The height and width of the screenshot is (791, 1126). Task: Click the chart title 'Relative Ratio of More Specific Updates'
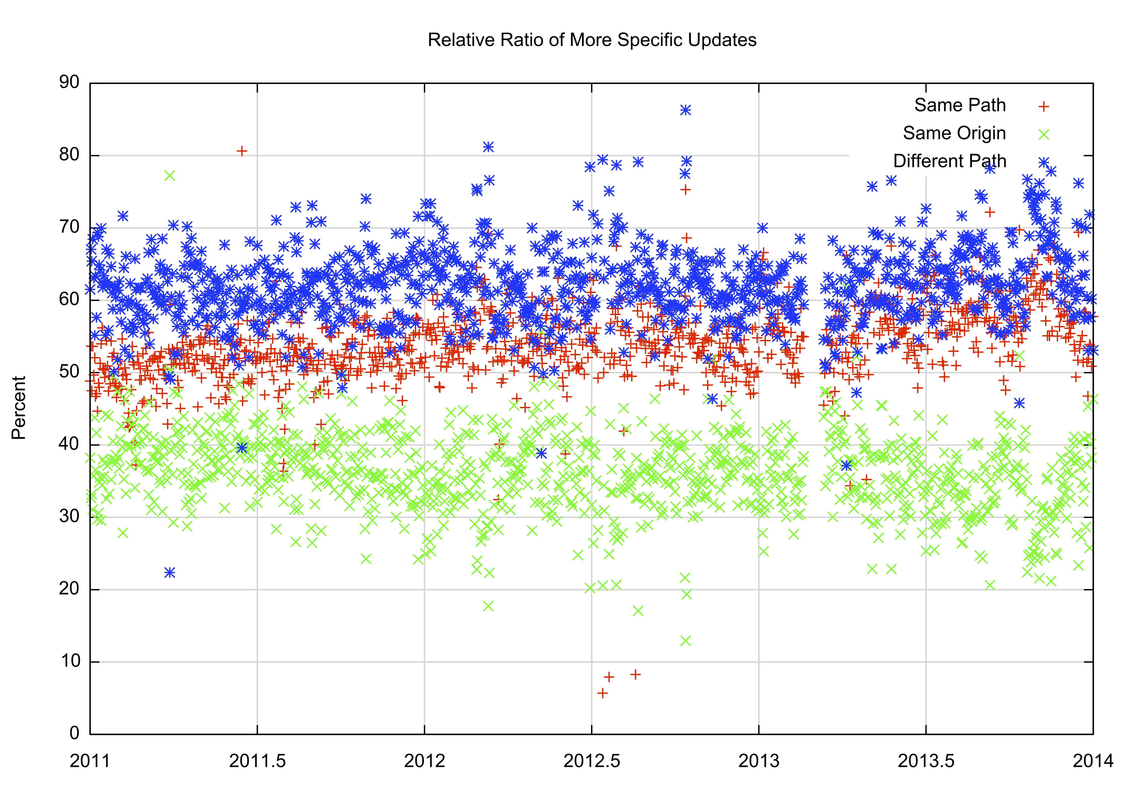coord(592,40)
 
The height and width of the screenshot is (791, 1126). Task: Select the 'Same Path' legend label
coord(960,105)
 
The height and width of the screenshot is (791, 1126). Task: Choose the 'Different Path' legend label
coord(949,161)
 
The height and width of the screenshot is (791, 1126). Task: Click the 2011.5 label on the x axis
coord(257,761)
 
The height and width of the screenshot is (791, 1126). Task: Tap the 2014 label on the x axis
coord(1093,761)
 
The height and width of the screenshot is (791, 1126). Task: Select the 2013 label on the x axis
coord(759,761)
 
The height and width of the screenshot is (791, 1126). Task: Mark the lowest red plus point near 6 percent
coord(602,693)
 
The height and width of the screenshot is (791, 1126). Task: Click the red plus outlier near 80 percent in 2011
coord(242,151)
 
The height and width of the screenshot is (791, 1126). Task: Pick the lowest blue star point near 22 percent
coord(170,573)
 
